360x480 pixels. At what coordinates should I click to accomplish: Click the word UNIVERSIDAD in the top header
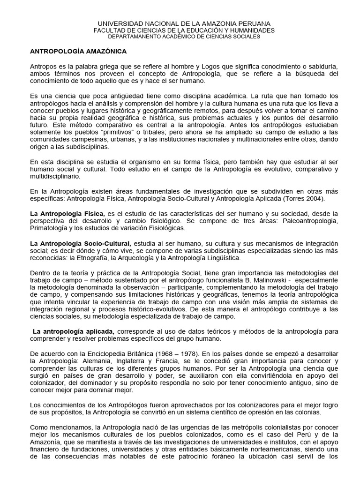[x=114, y=23]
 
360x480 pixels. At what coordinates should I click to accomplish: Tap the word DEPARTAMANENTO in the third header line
[x=133, y=37]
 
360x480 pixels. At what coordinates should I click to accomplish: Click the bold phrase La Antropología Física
[x=67, y=213]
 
